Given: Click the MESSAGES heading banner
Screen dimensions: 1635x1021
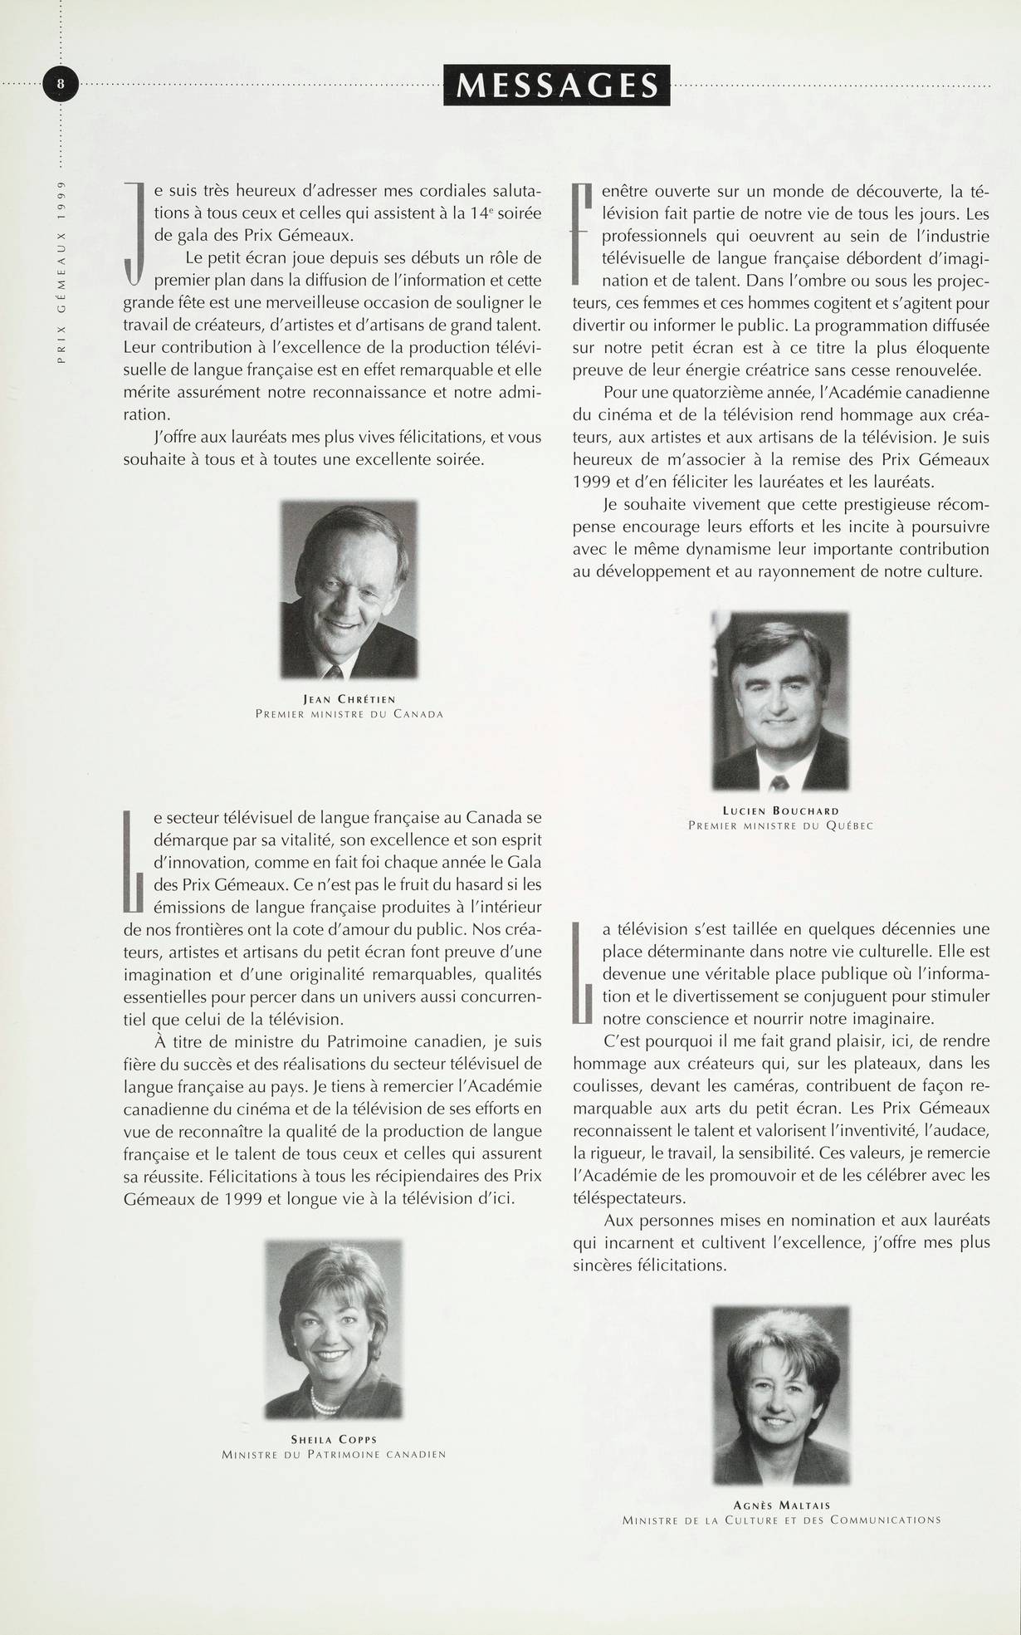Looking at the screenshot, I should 557,85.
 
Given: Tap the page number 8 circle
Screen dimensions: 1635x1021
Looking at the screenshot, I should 60,84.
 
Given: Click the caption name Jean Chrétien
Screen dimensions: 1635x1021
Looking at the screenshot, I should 349,699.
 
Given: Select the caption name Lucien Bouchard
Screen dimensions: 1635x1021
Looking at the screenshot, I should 780,810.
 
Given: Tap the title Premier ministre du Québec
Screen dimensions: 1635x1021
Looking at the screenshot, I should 780,825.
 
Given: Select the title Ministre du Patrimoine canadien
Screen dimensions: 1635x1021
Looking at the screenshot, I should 333,1454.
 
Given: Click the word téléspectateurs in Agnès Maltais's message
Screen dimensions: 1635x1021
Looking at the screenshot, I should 628,1197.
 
